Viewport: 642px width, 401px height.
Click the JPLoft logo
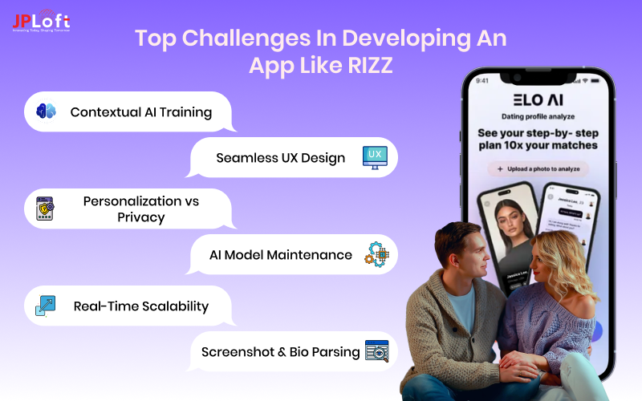tap(41, 20)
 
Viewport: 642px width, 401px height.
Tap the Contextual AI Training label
tap(141, 112)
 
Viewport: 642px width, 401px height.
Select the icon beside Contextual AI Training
tap(47, 112)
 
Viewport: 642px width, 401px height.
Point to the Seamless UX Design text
tap(281, 158)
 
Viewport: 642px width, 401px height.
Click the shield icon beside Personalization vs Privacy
tap(46, 209)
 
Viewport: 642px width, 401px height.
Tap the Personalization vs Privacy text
tap(141, 209)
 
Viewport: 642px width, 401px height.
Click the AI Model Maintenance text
tap(281, 255)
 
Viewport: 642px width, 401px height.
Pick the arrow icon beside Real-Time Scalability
tap(46, 306)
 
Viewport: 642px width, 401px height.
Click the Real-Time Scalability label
tap(141, 306)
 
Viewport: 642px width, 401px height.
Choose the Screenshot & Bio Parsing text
tap(280, 351)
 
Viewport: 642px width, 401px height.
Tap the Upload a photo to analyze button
tap(538, 169)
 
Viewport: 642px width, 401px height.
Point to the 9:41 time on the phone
tap(481, 80)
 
